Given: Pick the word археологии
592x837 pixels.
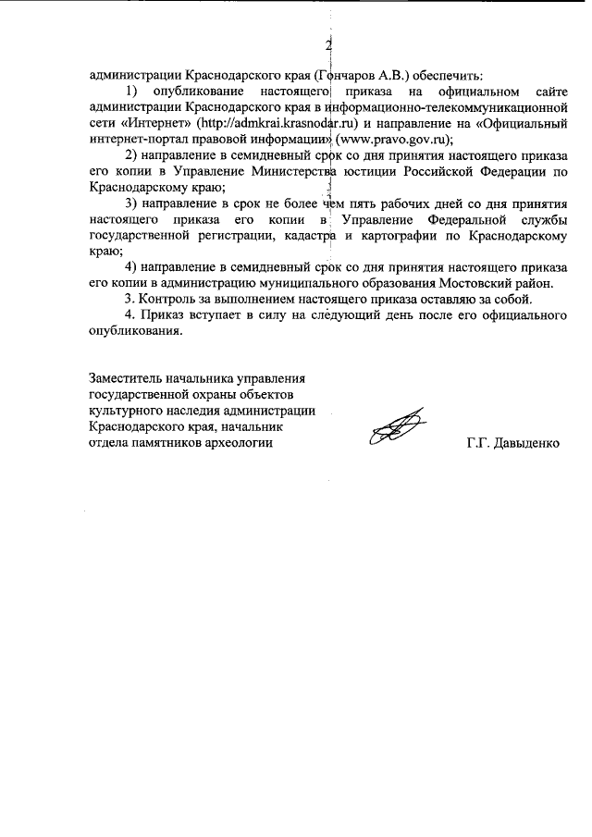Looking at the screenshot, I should point(241,443).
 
